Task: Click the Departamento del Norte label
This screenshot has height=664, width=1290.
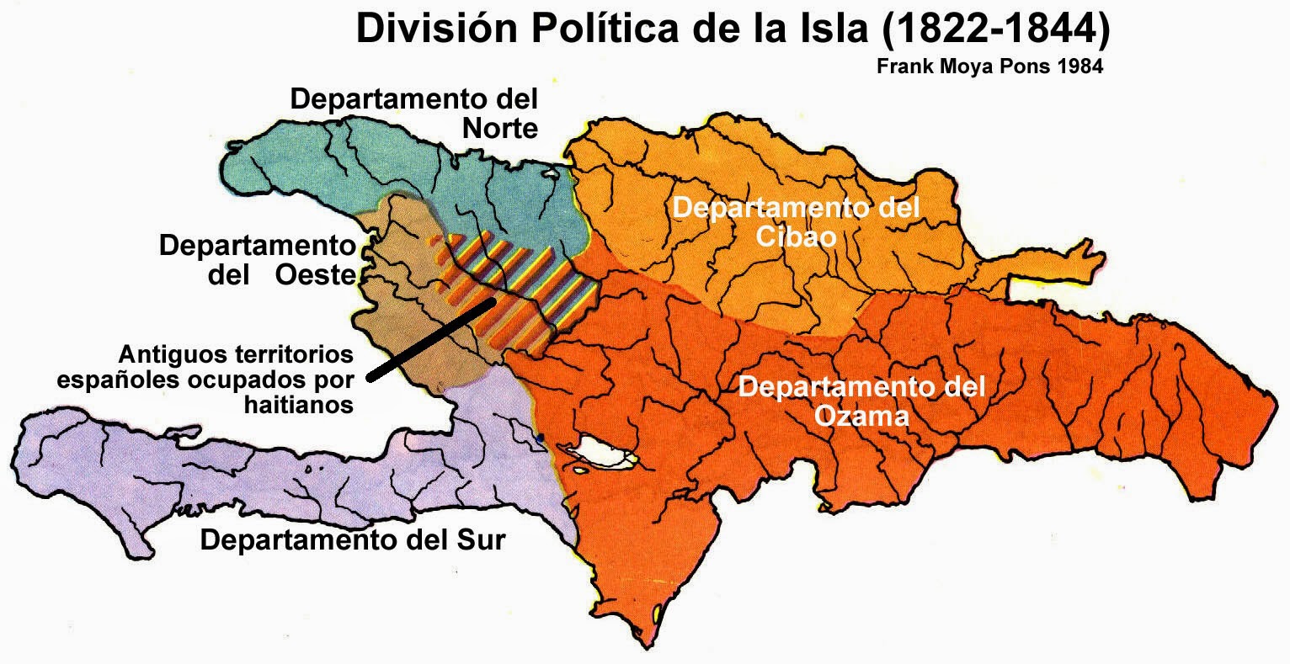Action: point(414,114)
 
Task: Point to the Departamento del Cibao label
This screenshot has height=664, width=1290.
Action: point(796,222)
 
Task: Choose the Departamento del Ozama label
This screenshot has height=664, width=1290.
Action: point(861,401)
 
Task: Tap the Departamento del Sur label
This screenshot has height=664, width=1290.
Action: point(353,539)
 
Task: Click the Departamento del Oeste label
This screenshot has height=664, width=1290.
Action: point(258,260)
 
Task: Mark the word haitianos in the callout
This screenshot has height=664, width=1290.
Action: point(299,406)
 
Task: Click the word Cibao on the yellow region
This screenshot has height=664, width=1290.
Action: point(796,236)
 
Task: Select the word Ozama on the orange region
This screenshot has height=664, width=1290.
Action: point(861,416)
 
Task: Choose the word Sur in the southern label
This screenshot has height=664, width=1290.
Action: point(481,539)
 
